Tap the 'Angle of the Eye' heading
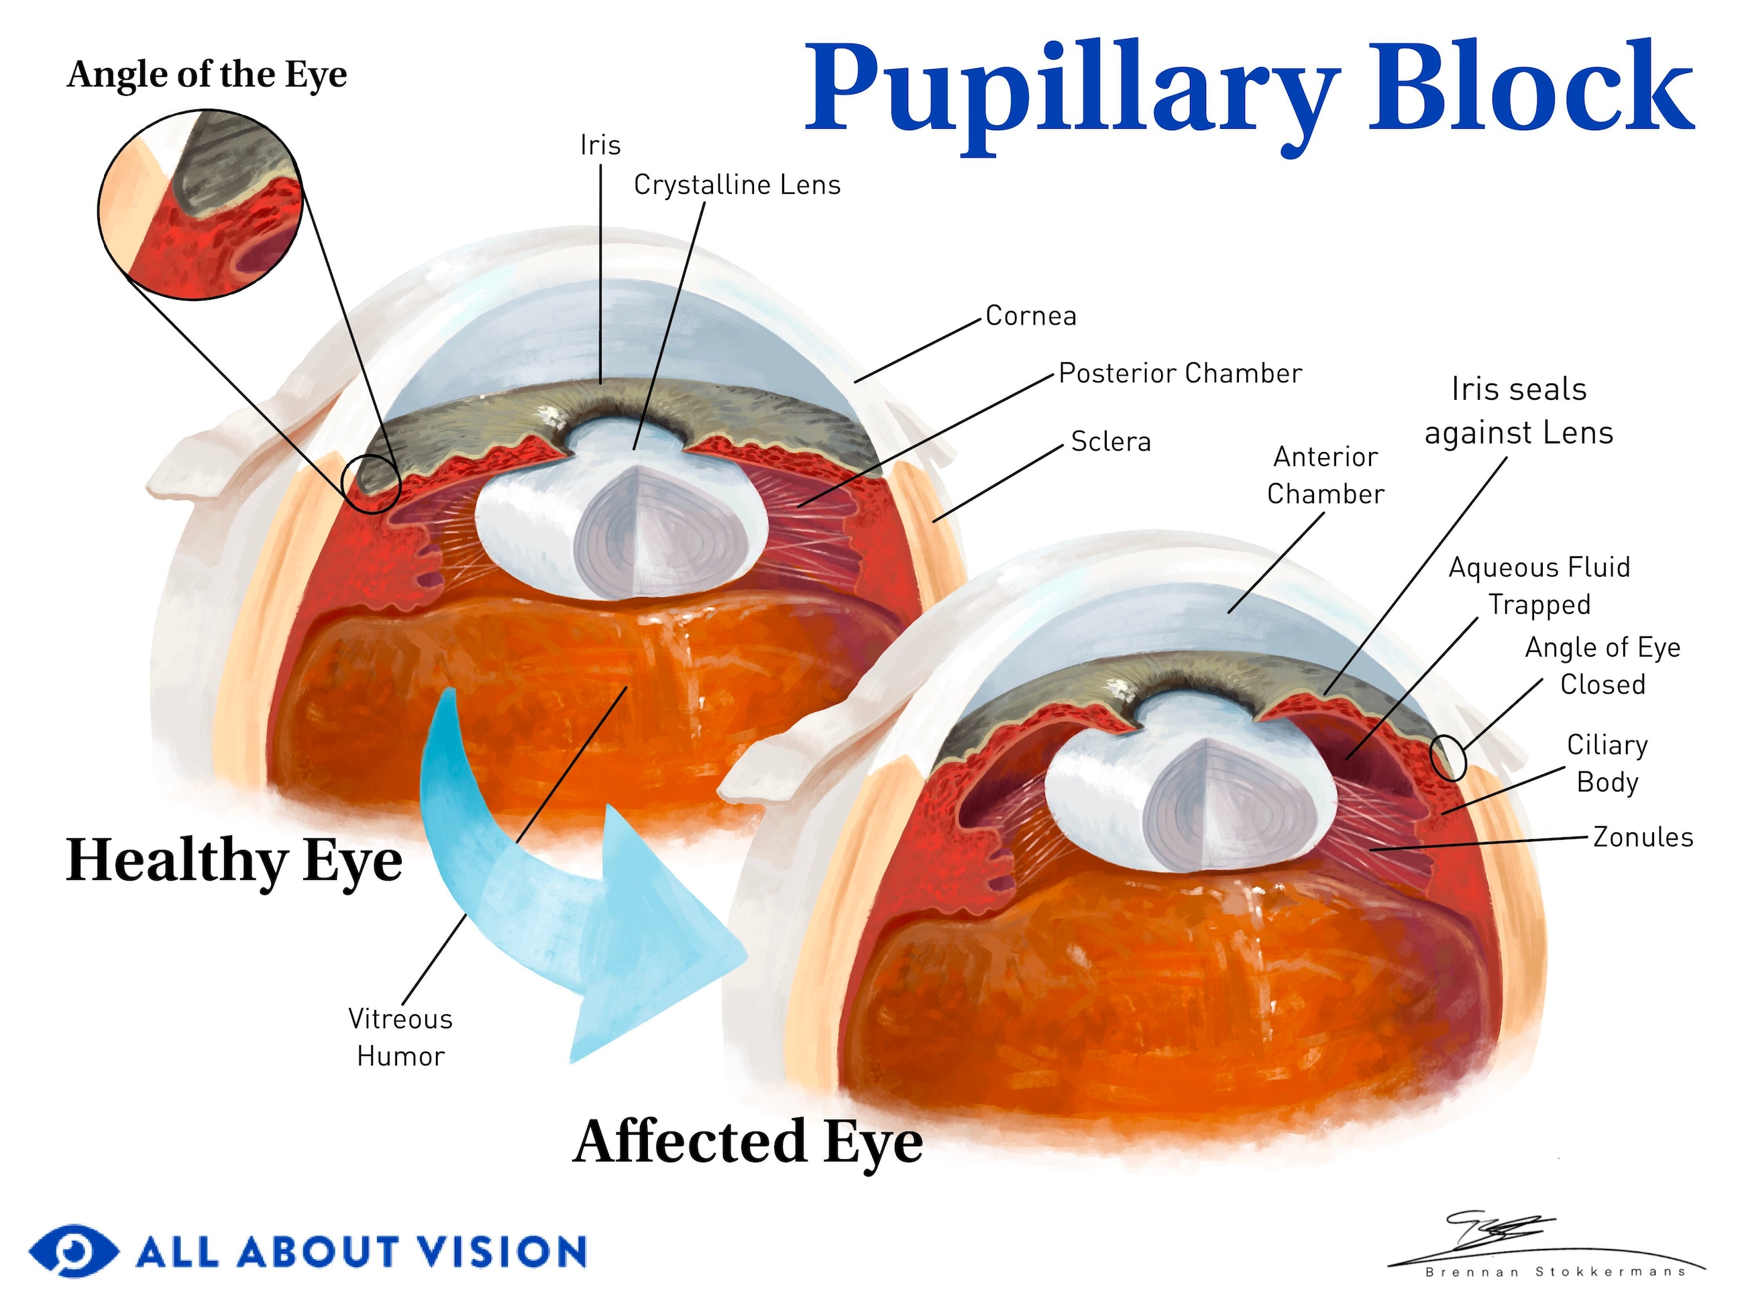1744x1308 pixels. click(207, 75)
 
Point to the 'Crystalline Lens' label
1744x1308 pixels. click(737, 184)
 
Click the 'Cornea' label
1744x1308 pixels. click(1030, 316)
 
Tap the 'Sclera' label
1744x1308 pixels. click(1110, 441)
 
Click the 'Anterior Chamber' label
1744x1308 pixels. click(1325, 476)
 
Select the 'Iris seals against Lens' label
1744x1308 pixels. click(1519, 411)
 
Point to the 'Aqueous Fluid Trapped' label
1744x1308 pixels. click(1539, 586)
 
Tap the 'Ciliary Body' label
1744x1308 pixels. click(1606, 763)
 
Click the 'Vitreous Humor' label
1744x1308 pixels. click(400, 1038)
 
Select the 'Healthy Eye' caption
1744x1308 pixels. click(234, 861)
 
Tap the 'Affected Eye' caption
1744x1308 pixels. click(747, 1142)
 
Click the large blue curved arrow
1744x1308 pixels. click(552, 891)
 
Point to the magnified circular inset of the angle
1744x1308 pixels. click(201, 205)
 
